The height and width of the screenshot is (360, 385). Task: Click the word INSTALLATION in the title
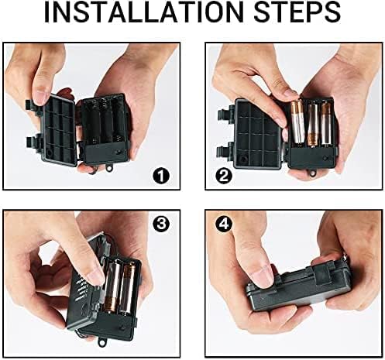[144, 12]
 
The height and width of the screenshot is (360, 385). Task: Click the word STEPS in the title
[297, 12]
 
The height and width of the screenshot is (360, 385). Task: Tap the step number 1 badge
[161, 177]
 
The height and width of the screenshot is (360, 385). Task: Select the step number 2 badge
[224, 177]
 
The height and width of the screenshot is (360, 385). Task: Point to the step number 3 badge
[161, 224]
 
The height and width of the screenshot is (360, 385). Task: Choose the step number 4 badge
[224, 224]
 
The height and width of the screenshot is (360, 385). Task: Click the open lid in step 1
[60, 130]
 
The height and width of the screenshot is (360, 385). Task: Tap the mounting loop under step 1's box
[110, 167]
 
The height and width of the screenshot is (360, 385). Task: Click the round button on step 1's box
[119, 152]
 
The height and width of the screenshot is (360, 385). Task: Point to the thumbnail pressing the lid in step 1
[40, 98]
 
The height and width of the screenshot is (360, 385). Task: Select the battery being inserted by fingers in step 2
[297, 122]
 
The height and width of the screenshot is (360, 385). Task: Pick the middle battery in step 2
[312, 125]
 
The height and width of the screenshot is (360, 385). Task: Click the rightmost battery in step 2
[326, 125]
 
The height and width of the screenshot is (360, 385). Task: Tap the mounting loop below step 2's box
[313, 173]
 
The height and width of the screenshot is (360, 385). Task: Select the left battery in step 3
[114, 286]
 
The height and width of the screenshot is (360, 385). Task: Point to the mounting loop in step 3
[103, 341]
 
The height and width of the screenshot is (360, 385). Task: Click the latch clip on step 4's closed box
[322, 273]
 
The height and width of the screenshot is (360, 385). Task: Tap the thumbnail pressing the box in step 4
[263, 276]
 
